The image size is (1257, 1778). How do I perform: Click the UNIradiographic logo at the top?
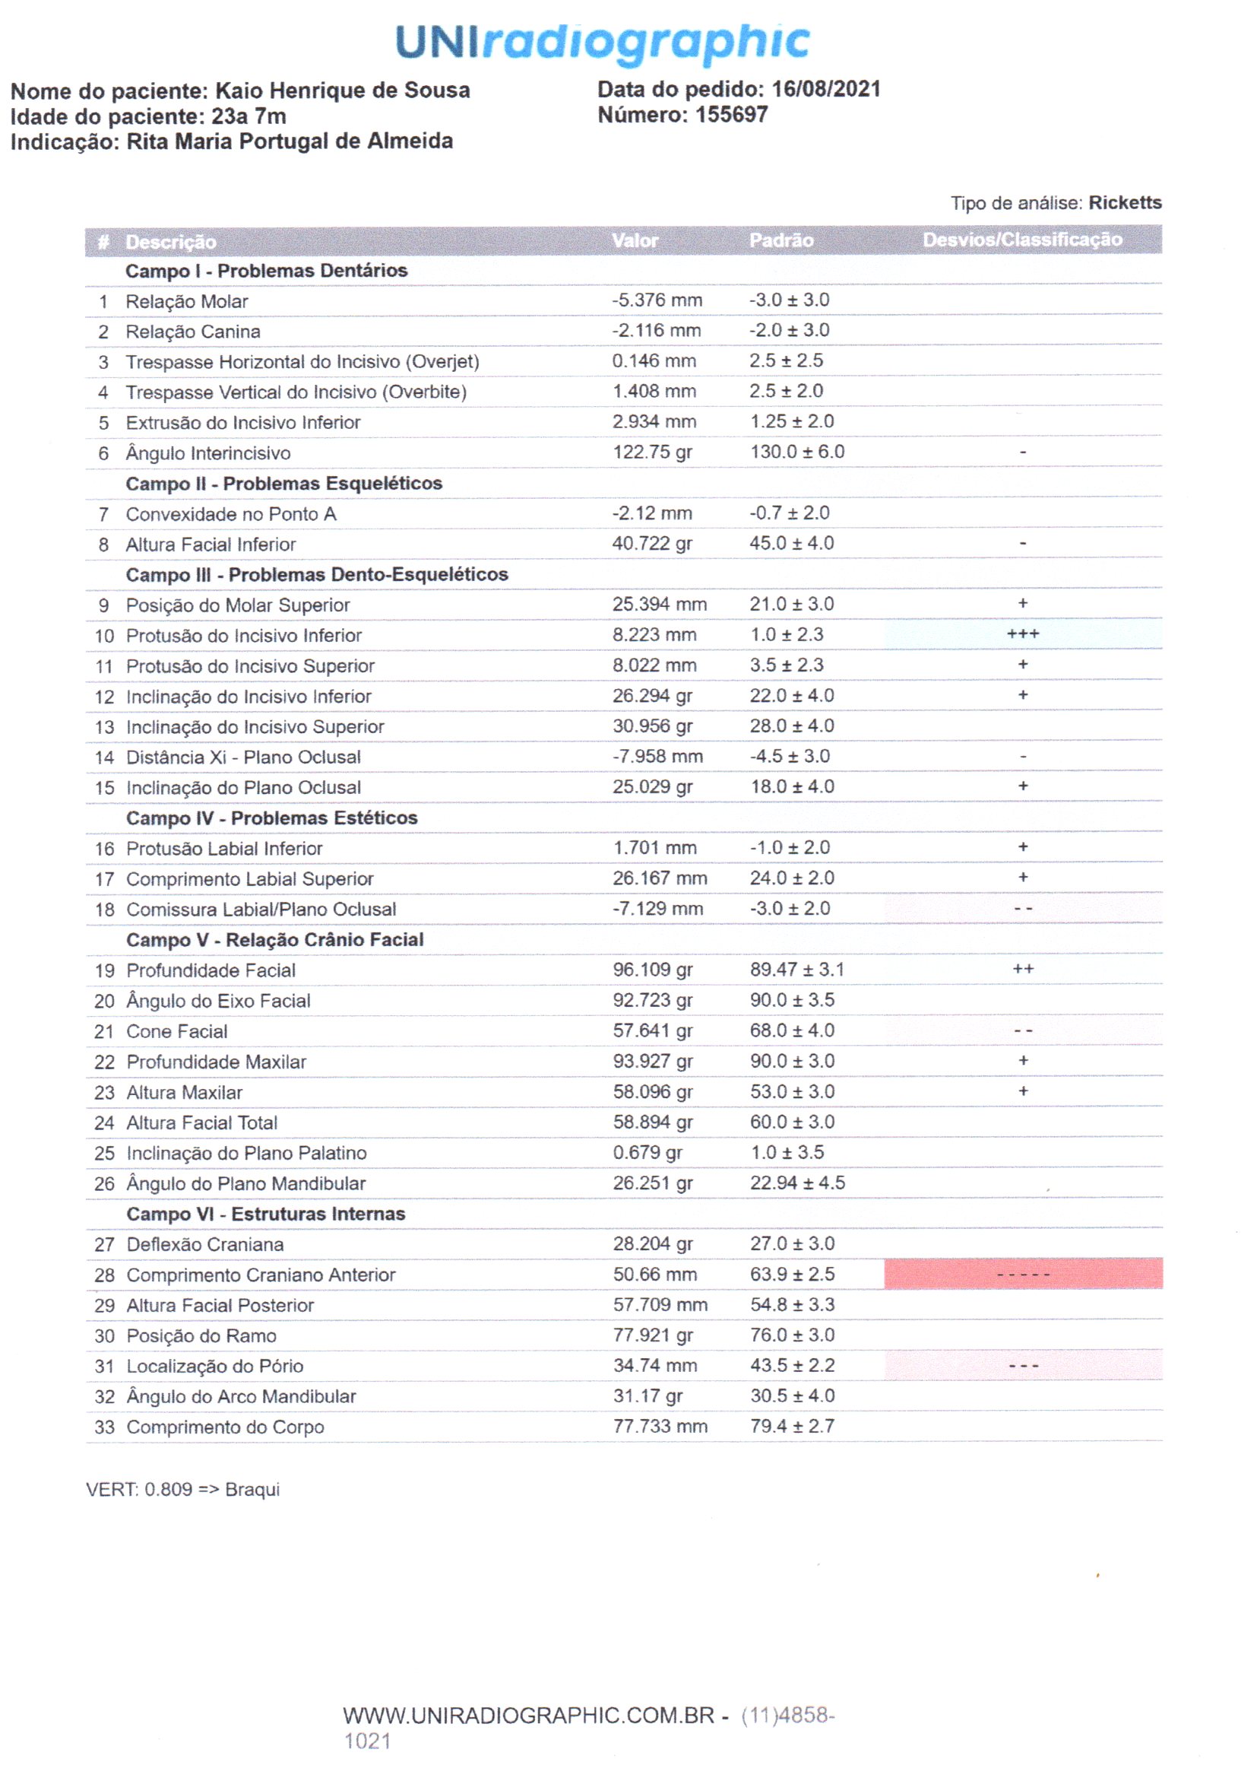pos(602,43)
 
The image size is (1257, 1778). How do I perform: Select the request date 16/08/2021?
pos(826,89)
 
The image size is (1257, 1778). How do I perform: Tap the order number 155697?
pos(730,115)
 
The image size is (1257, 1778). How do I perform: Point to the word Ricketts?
pos(1125,203)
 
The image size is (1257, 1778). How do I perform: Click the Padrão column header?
pos(780,241)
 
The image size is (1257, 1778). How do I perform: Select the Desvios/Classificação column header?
pos(1021,240)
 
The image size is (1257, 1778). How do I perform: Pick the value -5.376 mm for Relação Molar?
pos(657,300)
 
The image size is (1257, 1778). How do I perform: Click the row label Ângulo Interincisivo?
pos(208,453)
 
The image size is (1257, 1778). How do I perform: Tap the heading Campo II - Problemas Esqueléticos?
pos(284,483)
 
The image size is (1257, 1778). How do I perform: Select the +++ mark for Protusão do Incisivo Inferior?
pos(1022,634)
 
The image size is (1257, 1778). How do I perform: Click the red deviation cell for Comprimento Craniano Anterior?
pos(1022,1274)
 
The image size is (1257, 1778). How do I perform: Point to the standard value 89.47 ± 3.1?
pos(796,970)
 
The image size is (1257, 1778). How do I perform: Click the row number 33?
pos(104,1427)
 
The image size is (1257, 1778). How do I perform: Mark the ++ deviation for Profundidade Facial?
pos(1022,970)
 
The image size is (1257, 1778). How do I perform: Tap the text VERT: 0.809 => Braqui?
pos(182,1489)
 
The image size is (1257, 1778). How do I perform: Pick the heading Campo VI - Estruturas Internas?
pos(265,1214)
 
